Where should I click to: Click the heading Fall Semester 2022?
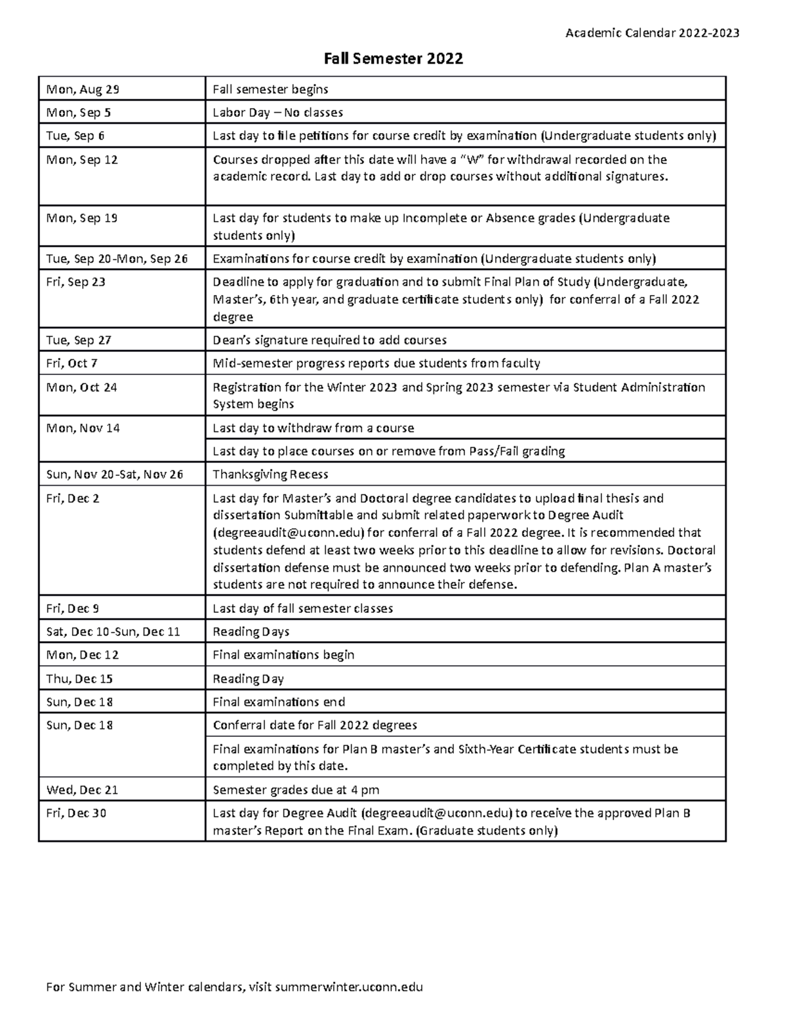click(393, 59)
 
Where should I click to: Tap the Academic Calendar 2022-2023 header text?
click(652, 33)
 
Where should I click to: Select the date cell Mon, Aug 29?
click(83, 89)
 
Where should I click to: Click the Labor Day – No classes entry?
click(277, 113)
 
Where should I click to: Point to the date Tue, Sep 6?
click(75, 136)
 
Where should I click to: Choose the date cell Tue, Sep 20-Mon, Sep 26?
click(117, 258)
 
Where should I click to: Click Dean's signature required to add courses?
click(329, 340)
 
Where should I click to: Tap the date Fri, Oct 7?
click(72, 363)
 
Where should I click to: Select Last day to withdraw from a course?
click(313, 428)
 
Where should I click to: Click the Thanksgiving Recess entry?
click(270, 474)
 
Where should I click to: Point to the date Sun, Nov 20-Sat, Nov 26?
click(114, 474)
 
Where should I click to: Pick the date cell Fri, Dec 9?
click(72, 608)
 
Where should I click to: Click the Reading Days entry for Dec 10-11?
click(251, 631)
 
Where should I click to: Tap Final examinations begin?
click(283, 655)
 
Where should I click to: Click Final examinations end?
click(279, 702)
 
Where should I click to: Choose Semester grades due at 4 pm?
click(296, 790)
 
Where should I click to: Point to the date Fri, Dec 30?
click(76, 813)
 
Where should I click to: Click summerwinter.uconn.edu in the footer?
click(350, 987)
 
